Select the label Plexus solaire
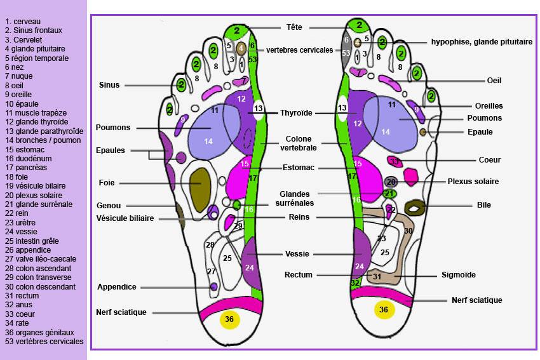(x=473, y=182)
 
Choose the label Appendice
(x=117, y=287)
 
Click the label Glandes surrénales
(x=294, y=199)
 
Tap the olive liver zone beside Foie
(x=201, y=183)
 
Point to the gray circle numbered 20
(x=391, y=182)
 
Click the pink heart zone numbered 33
(x=394, y=161)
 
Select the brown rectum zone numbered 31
(x=376, y=276)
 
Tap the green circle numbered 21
(x=390, y=194)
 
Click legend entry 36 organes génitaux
(x=39, y=331)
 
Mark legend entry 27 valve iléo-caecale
(x=41, y=258)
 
